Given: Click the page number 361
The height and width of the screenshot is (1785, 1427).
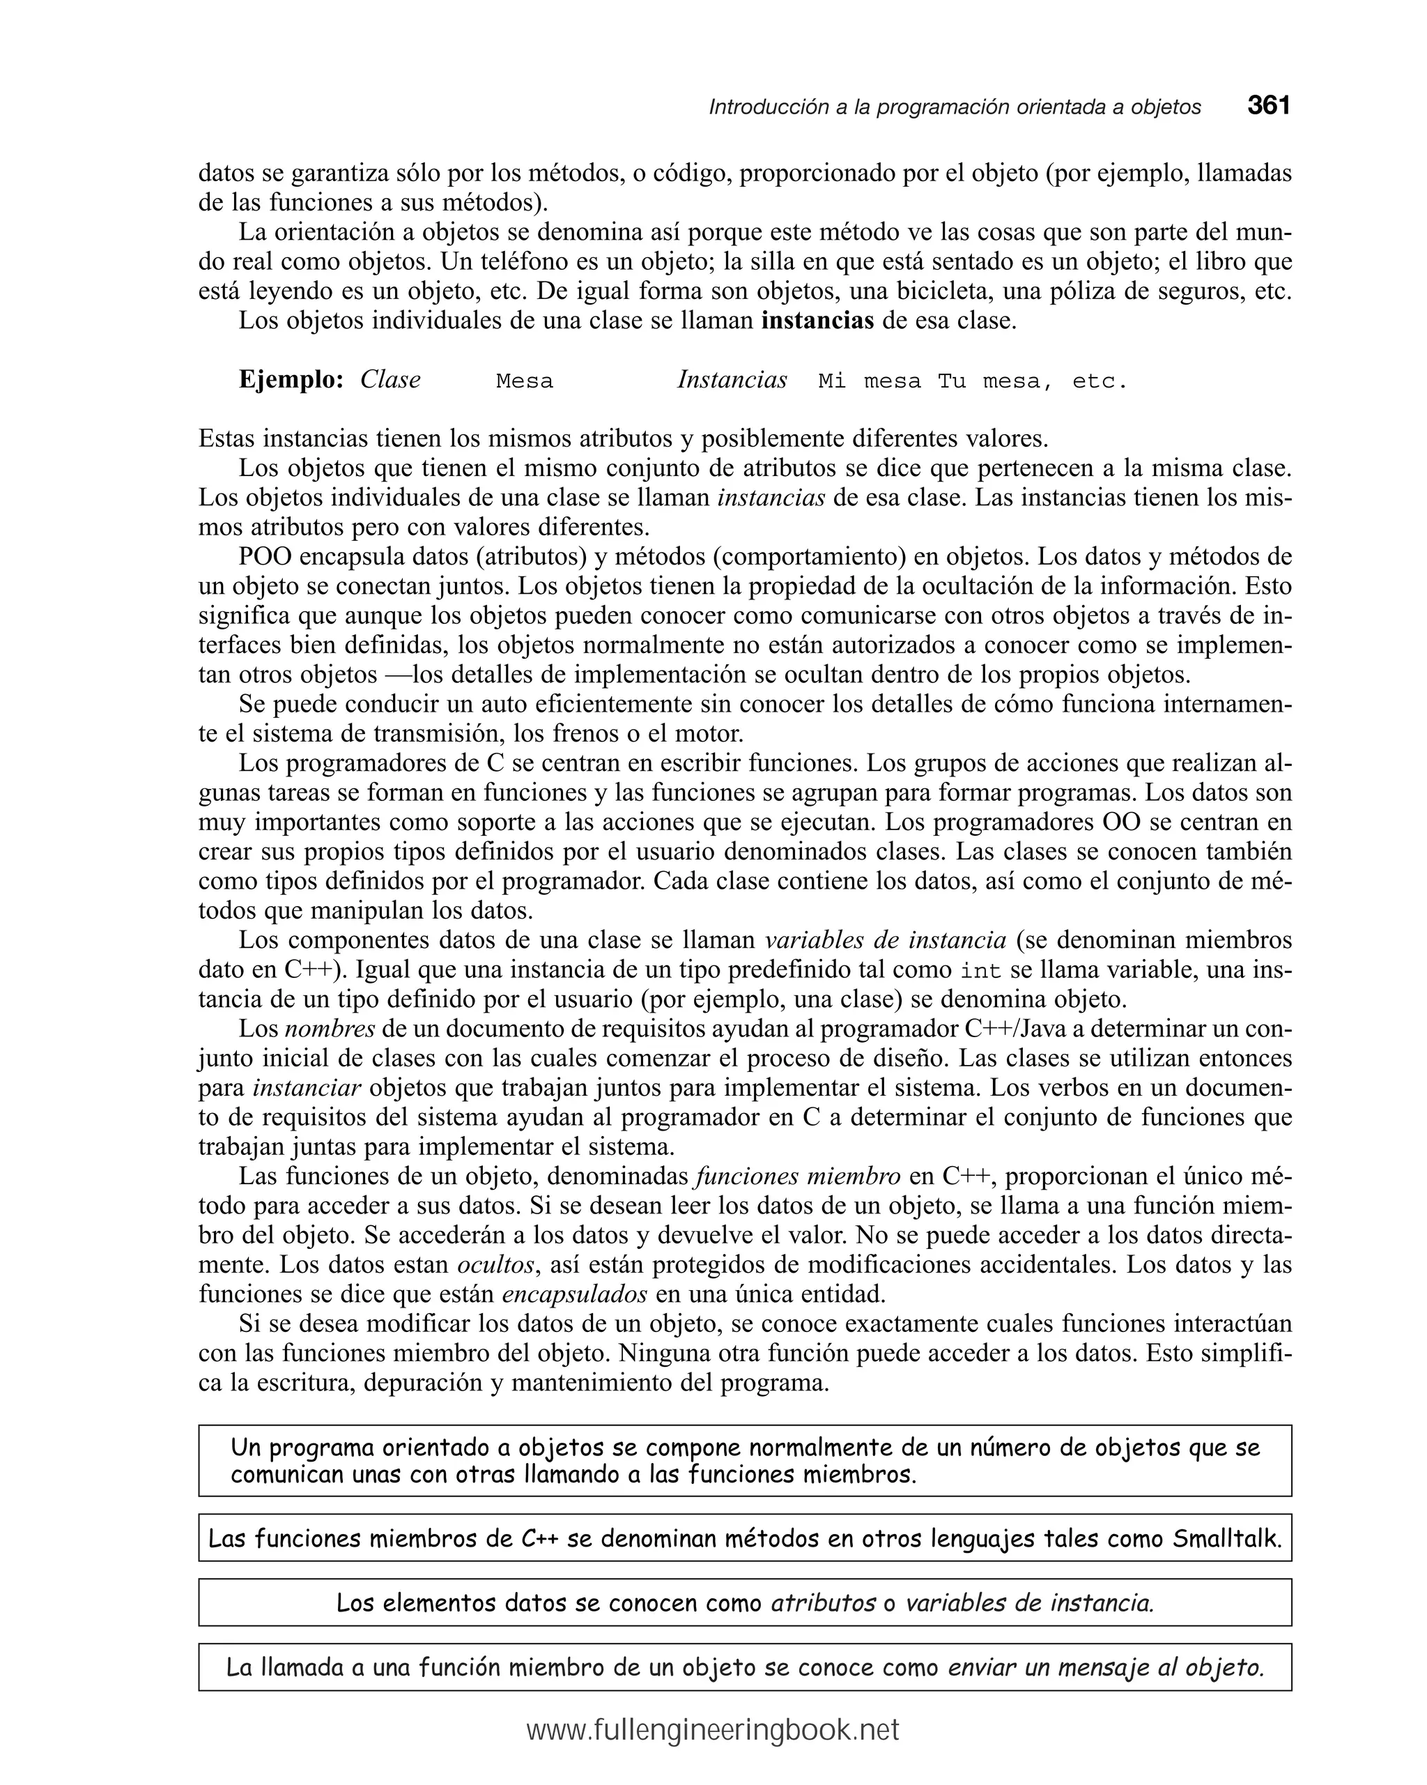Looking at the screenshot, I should [1268, 106].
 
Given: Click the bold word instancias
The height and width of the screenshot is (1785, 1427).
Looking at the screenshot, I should [817, 321].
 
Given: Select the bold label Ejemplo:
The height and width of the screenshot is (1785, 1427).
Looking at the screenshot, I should [291, 379].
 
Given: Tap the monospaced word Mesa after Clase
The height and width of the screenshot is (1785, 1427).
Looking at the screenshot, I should [524, 382].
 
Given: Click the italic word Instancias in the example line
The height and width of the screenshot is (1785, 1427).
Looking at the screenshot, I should [732, 379].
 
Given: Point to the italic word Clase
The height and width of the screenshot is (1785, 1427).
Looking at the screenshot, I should [390, 379].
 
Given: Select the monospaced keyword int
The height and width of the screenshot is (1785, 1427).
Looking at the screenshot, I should [981, 970].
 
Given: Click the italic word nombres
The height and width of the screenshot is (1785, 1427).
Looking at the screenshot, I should [330, 1029].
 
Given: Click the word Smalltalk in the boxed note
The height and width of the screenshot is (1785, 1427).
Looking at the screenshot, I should [1227, 1539].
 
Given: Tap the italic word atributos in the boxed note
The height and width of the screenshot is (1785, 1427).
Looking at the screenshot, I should [823, 1604].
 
